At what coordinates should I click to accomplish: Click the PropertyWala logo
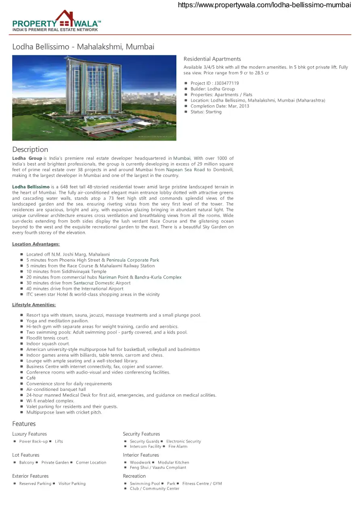click(x=57, y=21)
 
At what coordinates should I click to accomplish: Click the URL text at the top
click(x=264, y=5)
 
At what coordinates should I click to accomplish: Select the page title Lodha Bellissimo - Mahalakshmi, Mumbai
click(x=83, y=47)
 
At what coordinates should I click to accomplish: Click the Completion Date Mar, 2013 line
click(x=220, y=106)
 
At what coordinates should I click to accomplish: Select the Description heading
click(x=30, y=149)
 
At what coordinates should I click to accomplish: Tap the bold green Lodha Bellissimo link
click(x=31, y=187)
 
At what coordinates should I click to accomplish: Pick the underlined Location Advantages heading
click(x=36, y=244)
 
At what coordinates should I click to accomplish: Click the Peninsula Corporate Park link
click(x=133, y=260)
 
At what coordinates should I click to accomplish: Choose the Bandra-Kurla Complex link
click(x=158, y=277)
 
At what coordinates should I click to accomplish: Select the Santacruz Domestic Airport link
click(x=102, y=283)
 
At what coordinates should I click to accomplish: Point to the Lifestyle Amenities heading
click(x=34, y=305)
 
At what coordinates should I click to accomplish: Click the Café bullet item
click(x=31, y=378)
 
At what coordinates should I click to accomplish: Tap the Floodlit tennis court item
click(x=48, y=338)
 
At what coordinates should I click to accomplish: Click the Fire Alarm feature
click(x=178, y=447)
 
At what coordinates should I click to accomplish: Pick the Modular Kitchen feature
click(x=174, y=463)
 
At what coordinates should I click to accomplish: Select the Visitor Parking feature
click(x=72, y=484)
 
